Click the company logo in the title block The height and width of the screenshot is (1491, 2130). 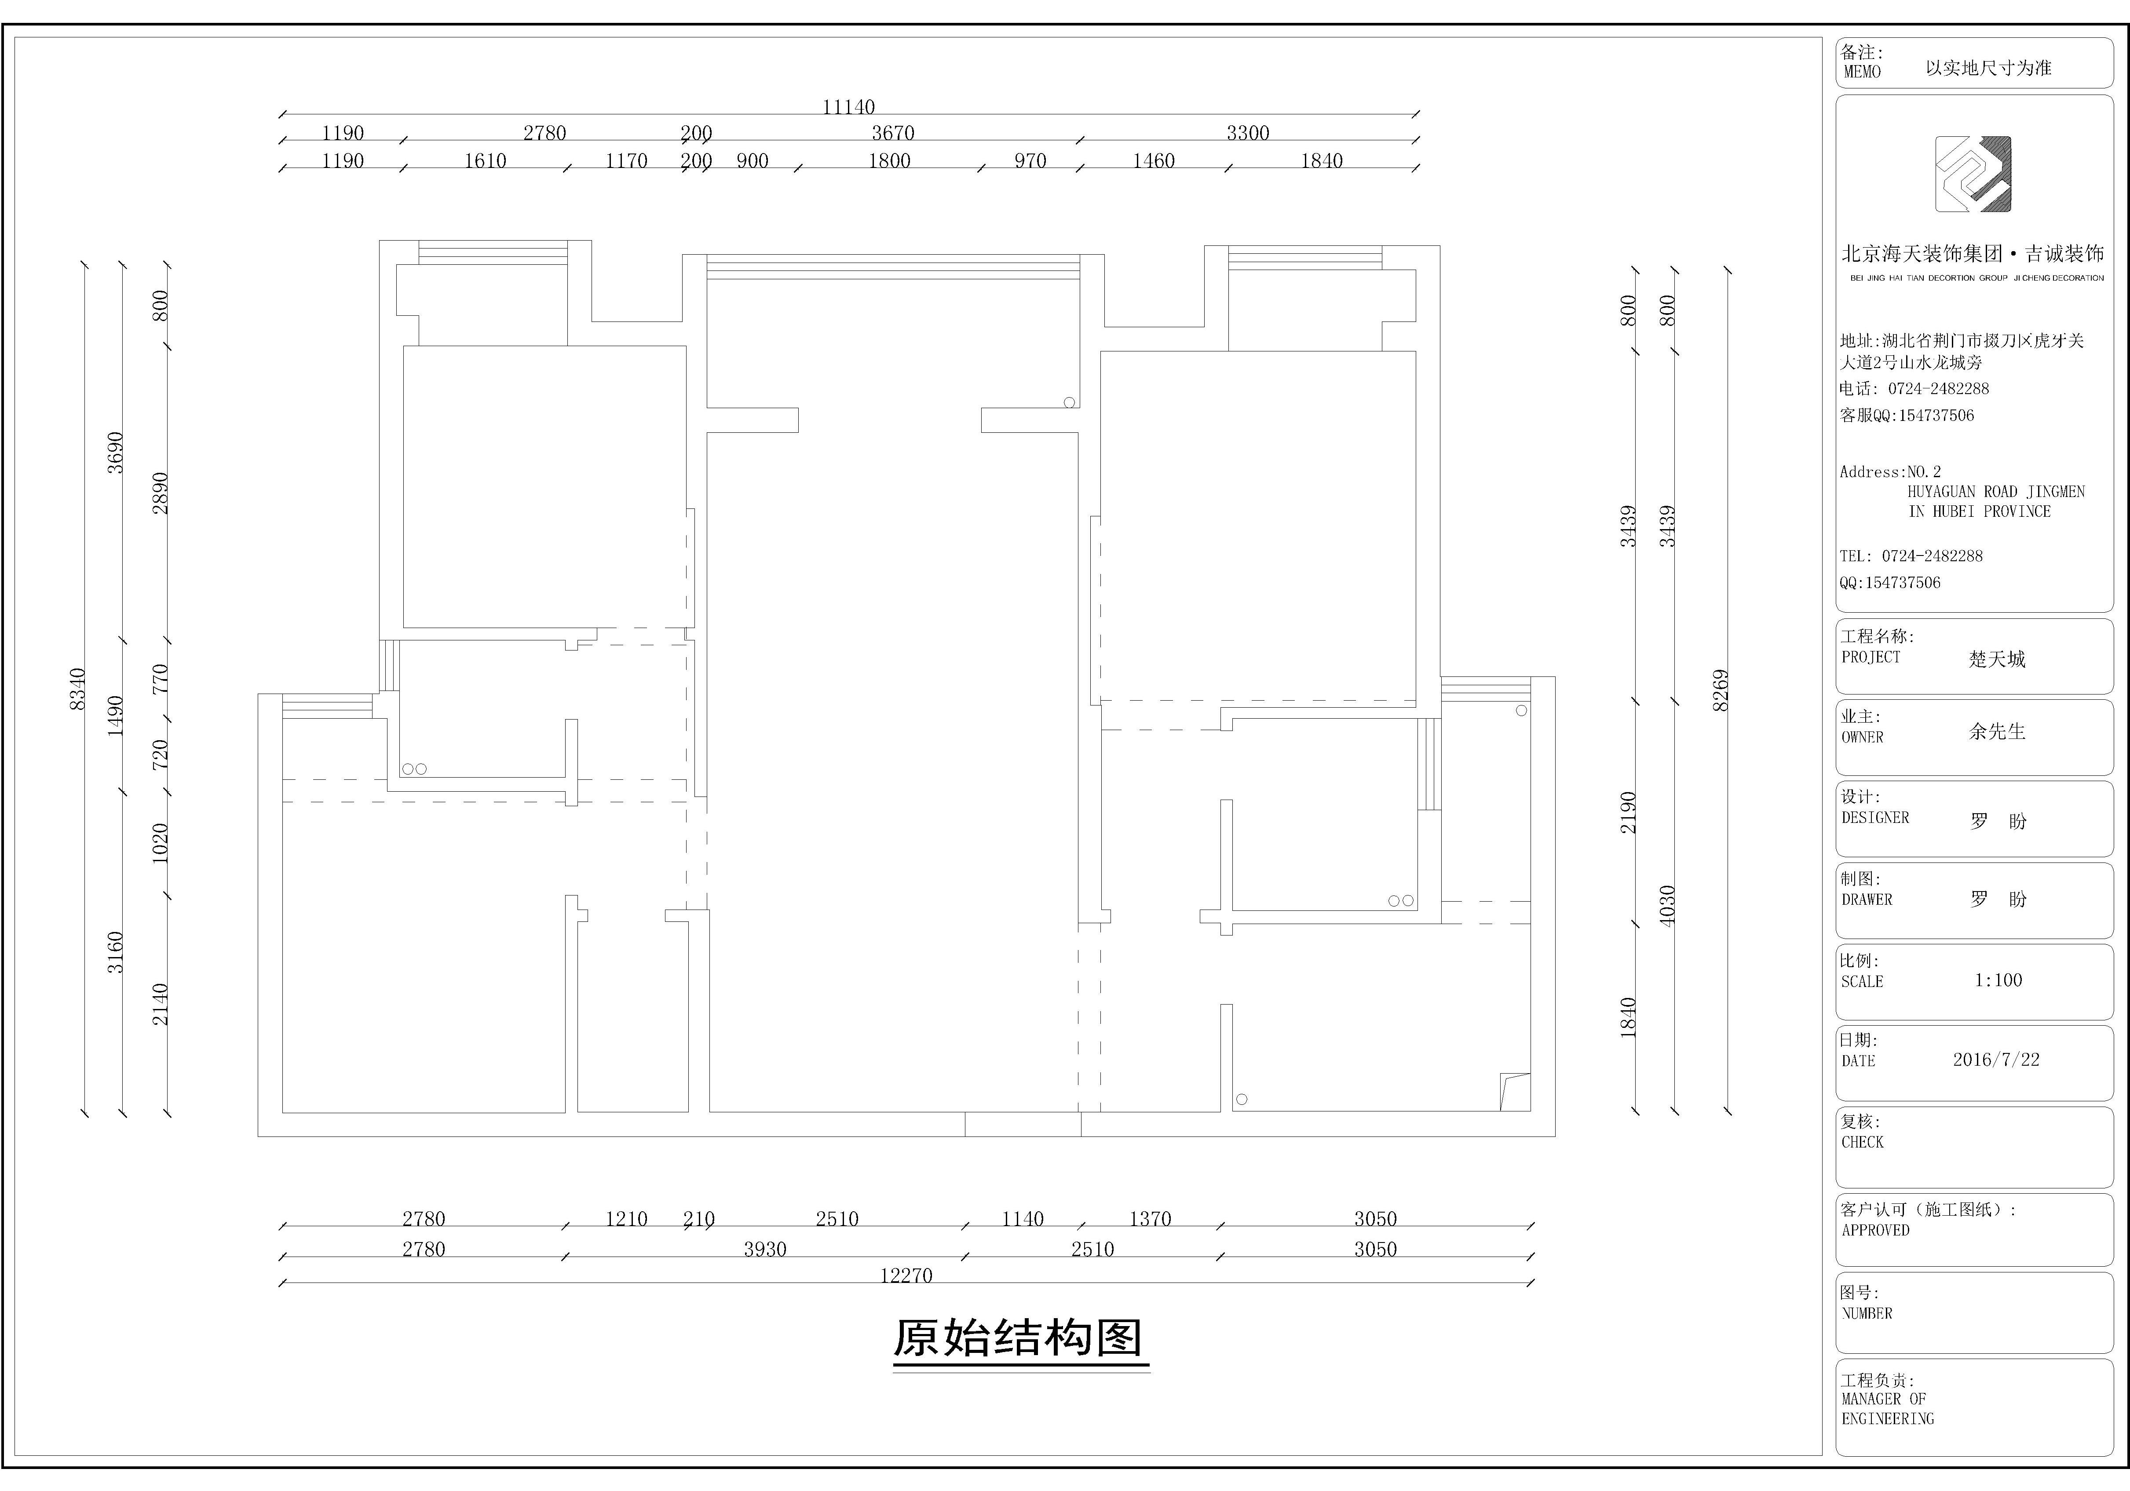tap(1973, 175)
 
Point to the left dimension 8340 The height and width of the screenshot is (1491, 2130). tap(78, 689)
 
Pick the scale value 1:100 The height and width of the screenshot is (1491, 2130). tap(1997, 980)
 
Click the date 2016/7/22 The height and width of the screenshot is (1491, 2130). tap(1995, 1060)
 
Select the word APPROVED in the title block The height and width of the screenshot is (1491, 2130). tap(1875, 1230)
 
